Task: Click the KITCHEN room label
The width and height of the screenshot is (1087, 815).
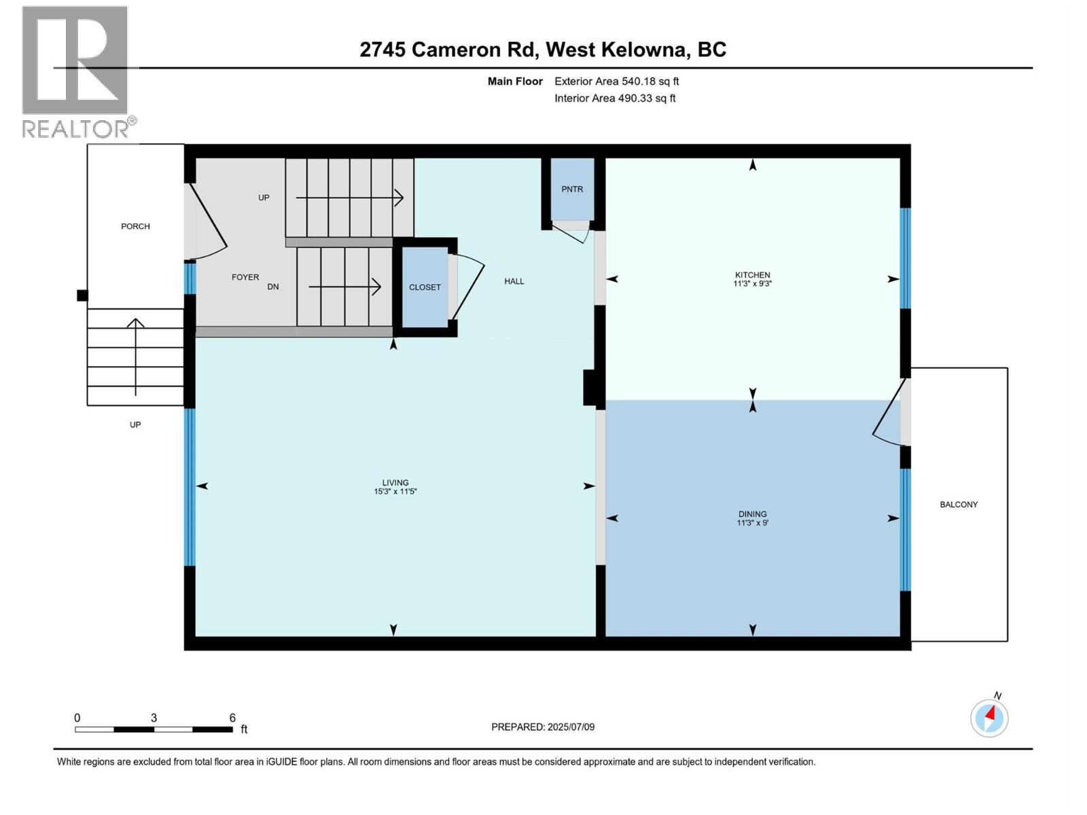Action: tap(752, 275)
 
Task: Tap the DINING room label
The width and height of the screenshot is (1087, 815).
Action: tap(752, 514)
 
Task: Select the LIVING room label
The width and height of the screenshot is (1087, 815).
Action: tap(395, 483)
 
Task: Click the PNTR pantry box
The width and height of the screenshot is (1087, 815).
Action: tap(572, 189)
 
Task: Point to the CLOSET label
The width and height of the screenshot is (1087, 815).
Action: tap(425, 287)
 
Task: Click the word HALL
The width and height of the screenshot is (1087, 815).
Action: tap(514, 281)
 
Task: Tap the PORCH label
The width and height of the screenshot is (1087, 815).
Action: tap(135, 226)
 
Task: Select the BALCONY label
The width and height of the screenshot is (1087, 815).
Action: tap(959, 505)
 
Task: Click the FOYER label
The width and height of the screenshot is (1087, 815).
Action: tap(245, 277)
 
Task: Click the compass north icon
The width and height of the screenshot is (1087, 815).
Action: tap(989, 717)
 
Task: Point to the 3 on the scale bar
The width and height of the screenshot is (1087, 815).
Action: tap(154, 718)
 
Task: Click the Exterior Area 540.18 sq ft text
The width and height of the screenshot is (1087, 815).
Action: tap(616, 81)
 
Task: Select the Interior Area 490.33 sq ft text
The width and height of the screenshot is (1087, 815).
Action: tap(615, 98)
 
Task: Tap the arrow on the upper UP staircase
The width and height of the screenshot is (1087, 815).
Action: tap(350, 198)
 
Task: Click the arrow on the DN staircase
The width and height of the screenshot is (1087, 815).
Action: tap(344, 287)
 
